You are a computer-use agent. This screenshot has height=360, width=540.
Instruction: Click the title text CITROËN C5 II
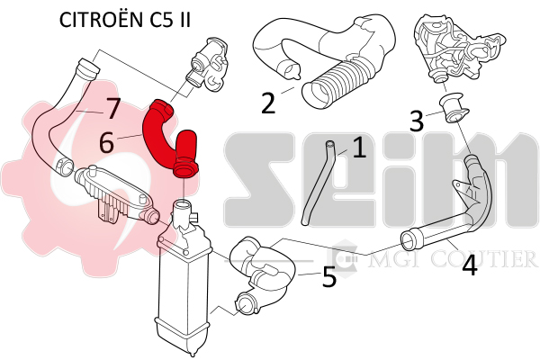coord(125,20)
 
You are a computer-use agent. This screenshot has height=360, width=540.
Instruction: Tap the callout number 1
coord(359,148)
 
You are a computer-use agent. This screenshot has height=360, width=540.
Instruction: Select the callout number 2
coord(268,103)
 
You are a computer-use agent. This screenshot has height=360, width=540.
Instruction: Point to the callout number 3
coord(417,120)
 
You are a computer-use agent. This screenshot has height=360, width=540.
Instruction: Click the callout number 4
coord(470,265)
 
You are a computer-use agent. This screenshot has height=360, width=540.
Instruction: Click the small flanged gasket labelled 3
coord(454,107)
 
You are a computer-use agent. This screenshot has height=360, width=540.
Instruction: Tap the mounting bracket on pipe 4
coord(465,191)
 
